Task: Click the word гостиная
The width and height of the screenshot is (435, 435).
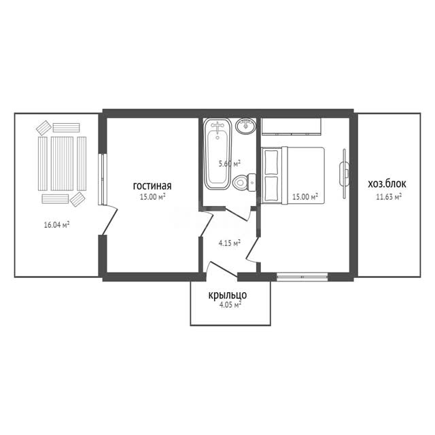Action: coord(152,186)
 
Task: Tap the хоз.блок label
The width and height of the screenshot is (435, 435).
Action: coord(387,184)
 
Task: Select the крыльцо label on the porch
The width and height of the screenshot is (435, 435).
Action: coord(228,296)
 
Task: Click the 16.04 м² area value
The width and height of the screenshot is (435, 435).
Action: coord(56,224)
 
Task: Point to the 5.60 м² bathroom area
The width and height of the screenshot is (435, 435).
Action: coord(230,163)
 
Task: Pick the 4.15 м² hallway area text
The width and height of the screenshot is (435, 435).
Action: coord(230,243)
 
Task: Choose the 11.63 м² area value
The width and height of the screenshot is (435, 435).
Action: coord(389,197)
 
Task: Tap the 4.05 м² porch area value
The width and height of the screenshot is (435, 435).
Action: coord(230,305)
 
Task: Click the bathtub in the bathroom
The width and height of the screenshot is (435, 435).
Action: coord(217,154)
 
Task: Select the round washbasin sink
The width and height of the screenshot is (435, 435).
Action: coord(246,126)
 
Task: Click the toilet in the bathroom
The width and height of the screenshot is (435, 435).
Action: coord(244,182)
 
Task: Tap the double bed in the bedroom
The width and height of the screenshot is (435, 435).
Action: coord(293,175)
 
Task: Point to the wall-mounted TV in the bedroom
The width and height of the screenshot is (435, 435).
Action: coord(345,174)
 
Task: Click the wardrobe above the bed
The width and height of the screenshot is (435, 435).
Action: coord(292,126)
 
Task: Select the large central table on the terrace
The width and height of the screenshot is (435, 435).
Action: coord(62,164)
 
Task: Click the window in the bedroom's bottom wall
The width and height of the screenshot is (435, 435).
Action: coord(302,277)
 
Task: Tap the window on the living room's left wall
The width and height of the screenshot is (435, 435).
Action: coord(103,179)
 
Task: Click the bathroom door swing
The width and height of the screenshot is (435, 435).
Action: coord(237,213)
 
